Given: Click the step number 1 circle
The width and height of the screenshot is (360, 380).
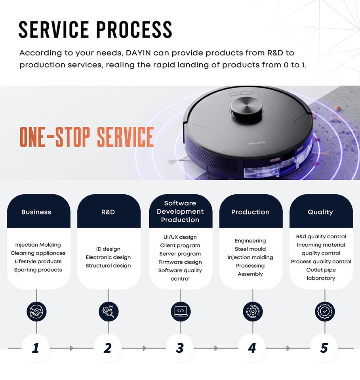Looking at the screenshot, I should point(36,348).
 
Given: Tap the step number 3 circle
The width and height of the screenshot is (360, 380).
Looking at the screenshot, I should point(180,348).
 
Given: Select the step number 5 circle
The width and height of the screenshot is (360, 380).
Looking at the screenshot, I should point(324,348).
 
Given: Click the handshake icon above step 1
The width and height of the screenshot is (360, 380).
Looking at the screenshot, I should point(36,312).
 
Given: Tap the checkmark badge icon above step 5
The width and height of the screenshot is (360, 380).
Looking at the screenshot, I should point(325,312).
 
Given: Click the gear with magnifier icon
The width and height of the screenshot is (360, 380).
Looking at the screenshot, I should point(109,312).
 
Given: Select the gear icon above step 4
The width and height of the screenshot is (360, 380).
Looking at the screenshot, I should point(253,312).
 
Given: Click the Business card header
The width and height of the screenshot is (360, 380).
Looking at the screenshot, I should point(36,212).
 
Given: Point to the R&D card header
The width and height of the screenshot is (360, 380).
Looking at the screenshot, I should point(108,212).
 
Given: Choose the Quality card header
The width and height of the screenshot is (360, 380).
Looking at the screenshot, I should point(320,212).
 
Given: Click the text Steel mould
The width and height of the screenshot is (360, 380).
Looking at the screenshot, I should point(250,249).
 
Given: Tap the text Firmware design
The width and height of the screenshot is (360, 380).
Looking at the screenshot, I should point(180,262).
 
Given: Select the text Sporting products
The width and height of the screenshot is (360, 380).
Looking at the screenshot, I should point(38,270).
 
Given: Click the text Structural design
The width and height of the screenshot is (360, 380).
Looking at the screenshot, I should point(108,266).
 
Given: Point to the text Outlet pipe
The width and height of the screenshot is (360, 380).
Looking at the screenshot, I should point(321,270).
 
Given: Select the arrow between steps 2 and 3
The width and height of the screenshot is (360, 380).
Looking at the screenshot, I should point(145,348).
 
